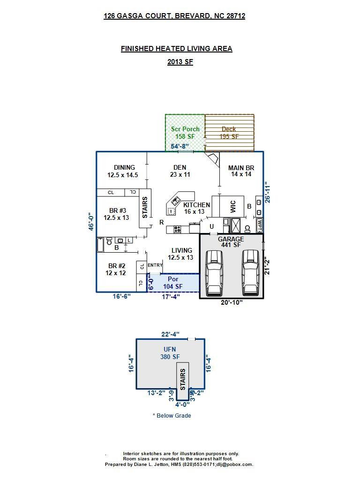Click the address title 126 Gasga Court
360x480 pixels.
[174, 16]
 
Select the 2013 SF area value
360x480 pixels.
[180, 62]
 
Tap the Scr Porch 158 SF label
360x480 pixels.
[185, 133]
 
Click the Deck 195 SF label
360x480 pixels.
[229, 133]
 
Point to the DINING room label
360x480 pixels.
[124, 171]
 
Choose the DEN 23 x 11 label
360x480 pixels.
[180, 171]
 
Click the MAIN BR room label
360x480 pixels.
[241, 171]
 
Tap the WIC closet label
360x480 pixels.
[233, 207]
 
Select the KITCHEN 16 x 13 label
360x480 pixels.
[196, 209]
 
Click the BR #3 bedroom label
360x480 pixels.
[116, 214]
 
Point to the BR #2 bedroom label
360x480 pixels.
[116, 269]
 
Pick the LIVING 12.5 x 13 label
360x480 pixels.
[181, 254]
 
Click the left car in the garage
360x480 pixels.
[214, 273]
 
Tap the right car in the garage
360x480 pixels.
[250, 273]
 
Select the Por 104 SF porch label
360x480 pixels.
[173, 283]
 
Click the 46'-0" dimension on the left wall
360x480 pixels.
[92, 221]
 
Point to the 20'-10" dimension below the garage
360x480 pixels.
[232, 303]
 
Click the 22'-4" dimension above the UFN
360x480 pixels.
[170, 334]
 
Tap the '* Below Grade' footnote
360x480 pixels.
[172, 415]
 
